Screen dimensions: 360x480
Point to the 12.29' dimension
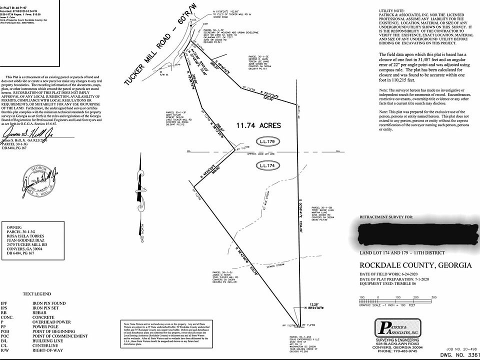[313, 304]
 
